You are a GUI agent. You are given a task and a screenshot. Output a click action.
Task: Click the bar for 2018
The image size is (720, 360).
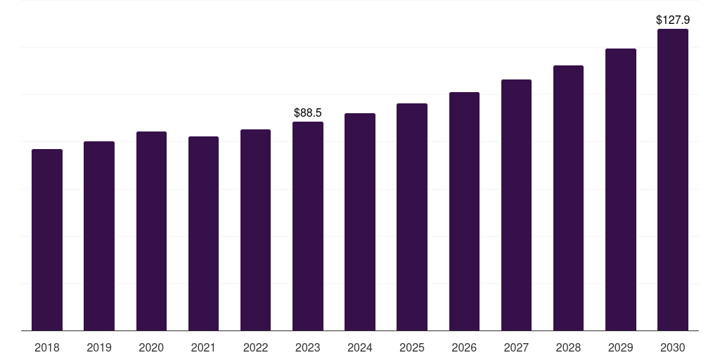[47, 240]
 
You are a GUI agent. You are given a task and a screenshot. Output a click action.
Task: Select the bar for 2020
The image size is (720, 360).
[152, 231]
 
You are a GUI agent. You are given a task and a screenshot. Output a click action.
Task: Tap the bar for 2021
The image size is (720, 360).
[203, 233]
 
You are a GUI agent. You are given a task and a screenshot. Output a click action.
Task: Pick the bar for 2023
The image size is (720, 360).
[308, 226]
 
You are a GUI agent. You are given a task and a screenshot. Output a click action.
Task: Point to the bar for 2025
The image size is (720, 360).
[412, 217]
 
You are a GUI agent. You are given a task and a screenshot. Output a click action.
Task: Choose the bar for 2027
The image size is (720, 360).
[516, 205]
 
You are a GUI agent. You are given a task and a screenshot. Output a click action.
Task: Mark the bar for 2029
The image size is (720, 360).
[621, 190]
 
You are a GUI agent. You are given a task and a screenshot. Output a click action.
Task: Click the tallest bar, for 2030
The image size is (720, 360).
[673, 180]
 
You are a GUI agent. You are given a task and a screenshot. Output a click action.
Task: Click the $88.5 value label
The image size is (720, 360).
[308, 113]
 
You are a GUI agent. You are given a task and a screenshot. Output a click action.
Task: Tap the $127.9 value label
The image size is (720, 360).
[673, 20]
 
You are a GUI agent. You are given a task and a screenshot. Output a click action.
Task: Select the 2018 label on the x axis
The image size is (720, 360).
[47, 347]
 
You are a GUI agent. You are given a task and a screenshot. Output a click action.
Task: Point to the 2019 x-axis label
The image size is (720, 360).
[99, 347]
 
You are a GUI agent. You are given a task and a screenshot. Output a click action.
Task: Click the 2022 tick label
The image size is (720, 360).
[255, 347]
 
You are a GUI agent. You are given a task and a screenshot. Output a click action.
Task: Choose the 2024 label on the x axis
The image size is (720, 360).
[360, 347]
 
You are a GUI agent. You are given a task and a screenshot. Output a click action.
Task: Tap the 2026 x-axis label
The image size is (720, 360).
[464, 347]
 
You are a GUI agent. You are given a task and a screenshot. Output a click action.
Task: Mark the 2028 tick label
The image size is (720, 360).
[568, 347]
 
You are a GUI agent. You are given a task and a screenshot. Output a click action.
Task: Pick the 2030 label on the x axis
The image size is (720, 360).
[673, 347]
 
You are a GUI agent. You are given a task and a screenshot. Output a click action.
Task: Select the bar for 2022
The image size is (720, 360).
[255, 230]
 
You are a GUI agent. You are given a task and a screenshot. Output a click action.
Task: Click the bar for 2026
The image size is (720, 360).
[464, 212]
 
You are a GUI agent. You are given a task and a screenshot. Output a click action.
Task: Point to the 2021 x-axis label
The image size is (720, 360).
[203, 347]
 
